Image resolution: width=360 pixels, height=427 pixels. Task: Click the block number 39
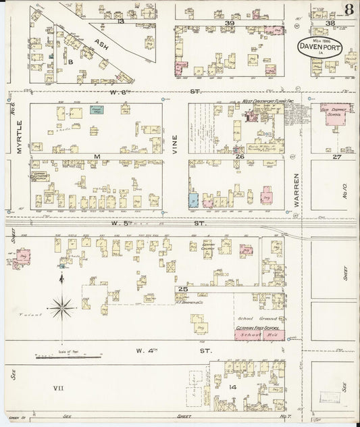click(x=229, y=23)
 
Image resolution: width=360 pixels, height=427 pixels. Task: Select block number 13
click(x=121, y=22)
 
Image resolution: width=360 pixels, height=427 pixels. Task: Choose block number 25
click(x=182, y=288)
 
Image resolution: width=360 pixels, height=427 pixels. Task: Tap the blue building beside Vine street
click(x=194, y=200)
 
